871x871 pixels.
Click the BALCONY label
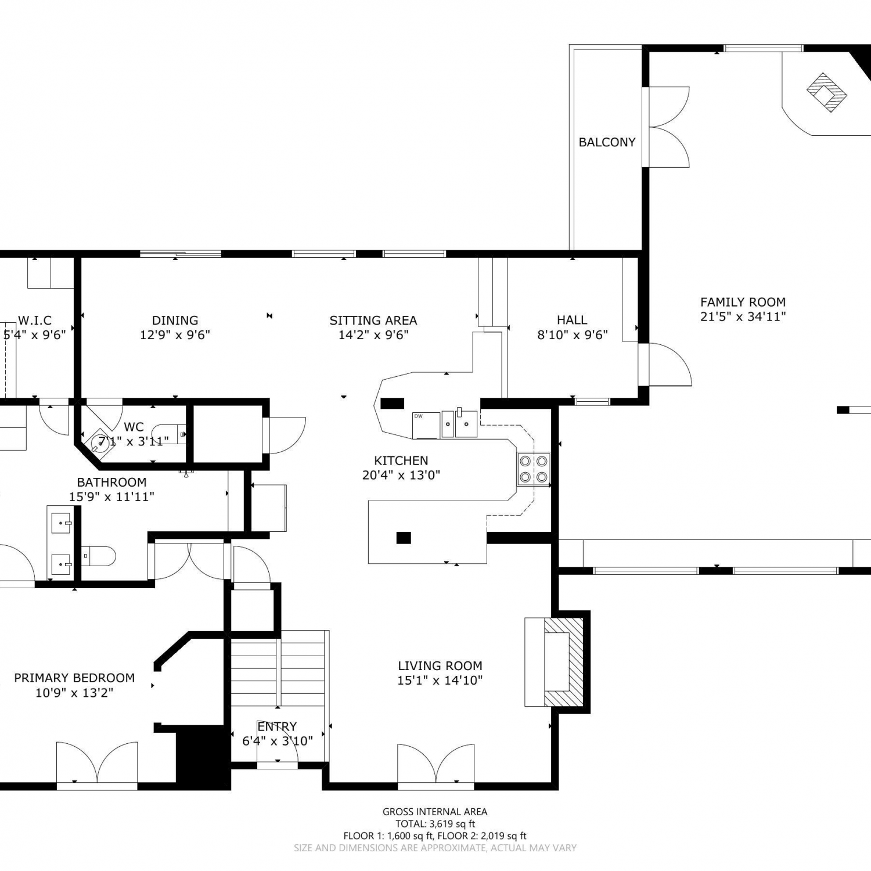click(x=607, y=142)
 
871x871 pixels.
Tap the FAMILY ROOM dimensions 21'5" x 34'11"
click(x=743, y=316)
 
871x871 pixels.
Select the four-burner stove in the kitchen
click(x=534, y=469)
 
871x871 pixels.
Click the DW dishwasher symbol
click(x=426, y=425)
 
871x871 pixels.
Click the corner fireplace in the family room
click(x=826, y=92)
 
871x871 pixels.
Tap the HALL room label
click(x=572, y=320)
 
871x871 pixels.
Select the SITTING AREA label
click(x=373, y=321)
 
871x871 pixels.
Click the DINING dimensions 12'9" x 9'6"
click(x=175, y=335)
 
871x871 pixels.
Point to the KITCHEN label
click(x=401, y=461)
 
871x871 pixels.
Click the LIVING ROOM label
click(x=440, y=666)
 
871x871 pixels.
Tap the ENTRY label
click(x=277, y=726)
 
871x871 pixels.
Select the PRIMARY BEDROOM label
click(x=74, y=678)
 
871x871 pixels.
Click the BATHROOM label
click(x=111, y=483)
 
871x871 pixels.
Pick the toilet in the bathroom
click(x=98, y=556)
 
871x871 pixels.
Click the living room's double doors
click(x=435, y=765)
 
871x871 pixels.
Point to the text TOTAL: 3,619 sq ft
click(x=435, y=824)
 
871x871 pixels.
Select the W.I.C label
click(x=35, y=321)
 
